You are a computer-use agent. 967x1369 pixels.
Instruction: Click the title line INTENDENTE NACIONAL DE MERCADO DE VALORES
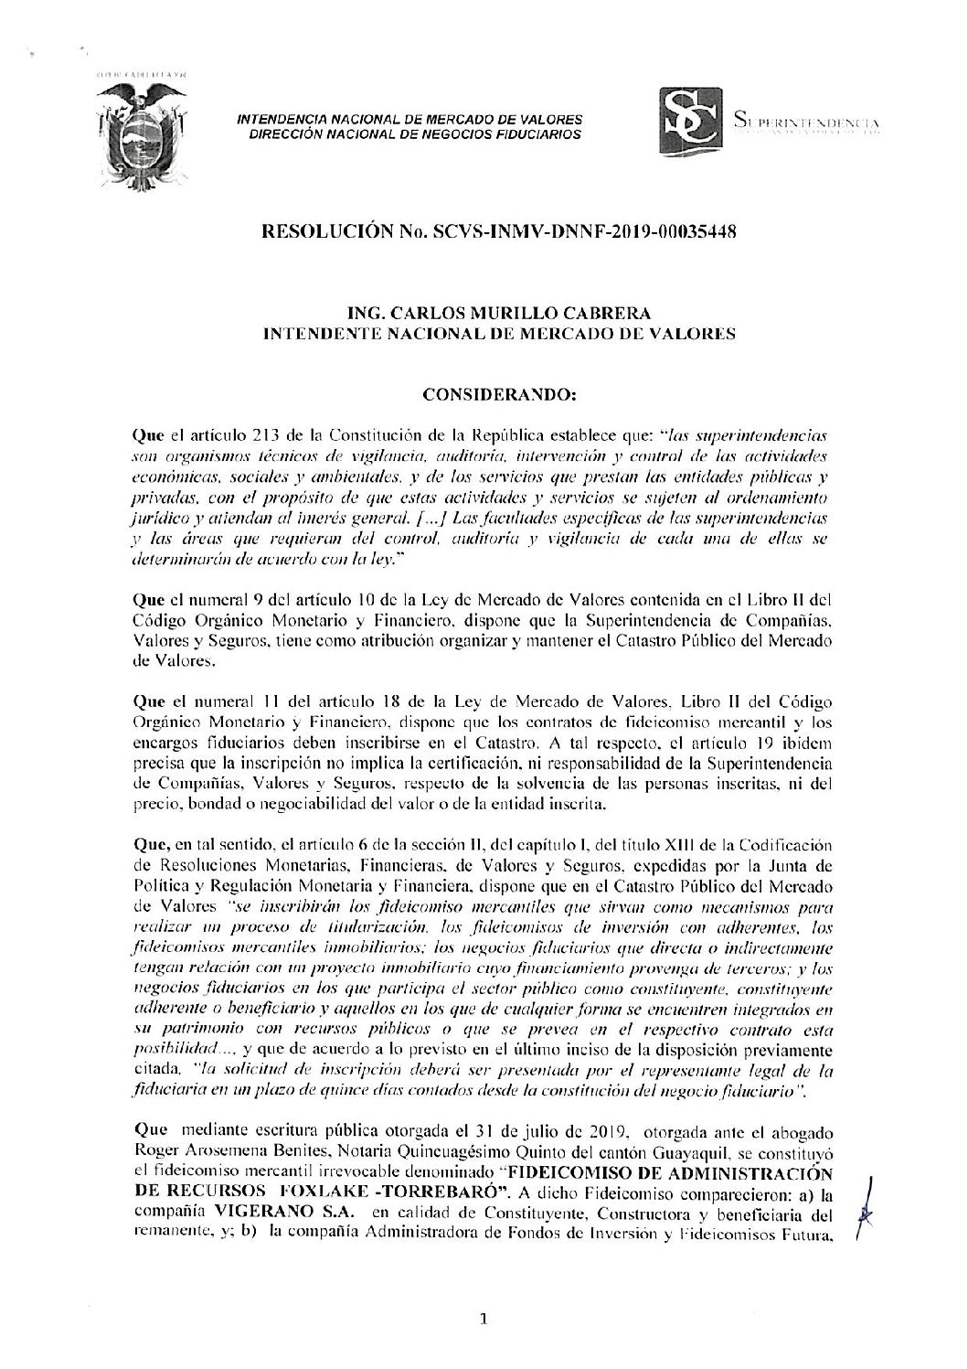pyautogui.click(x=498, y=336)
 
